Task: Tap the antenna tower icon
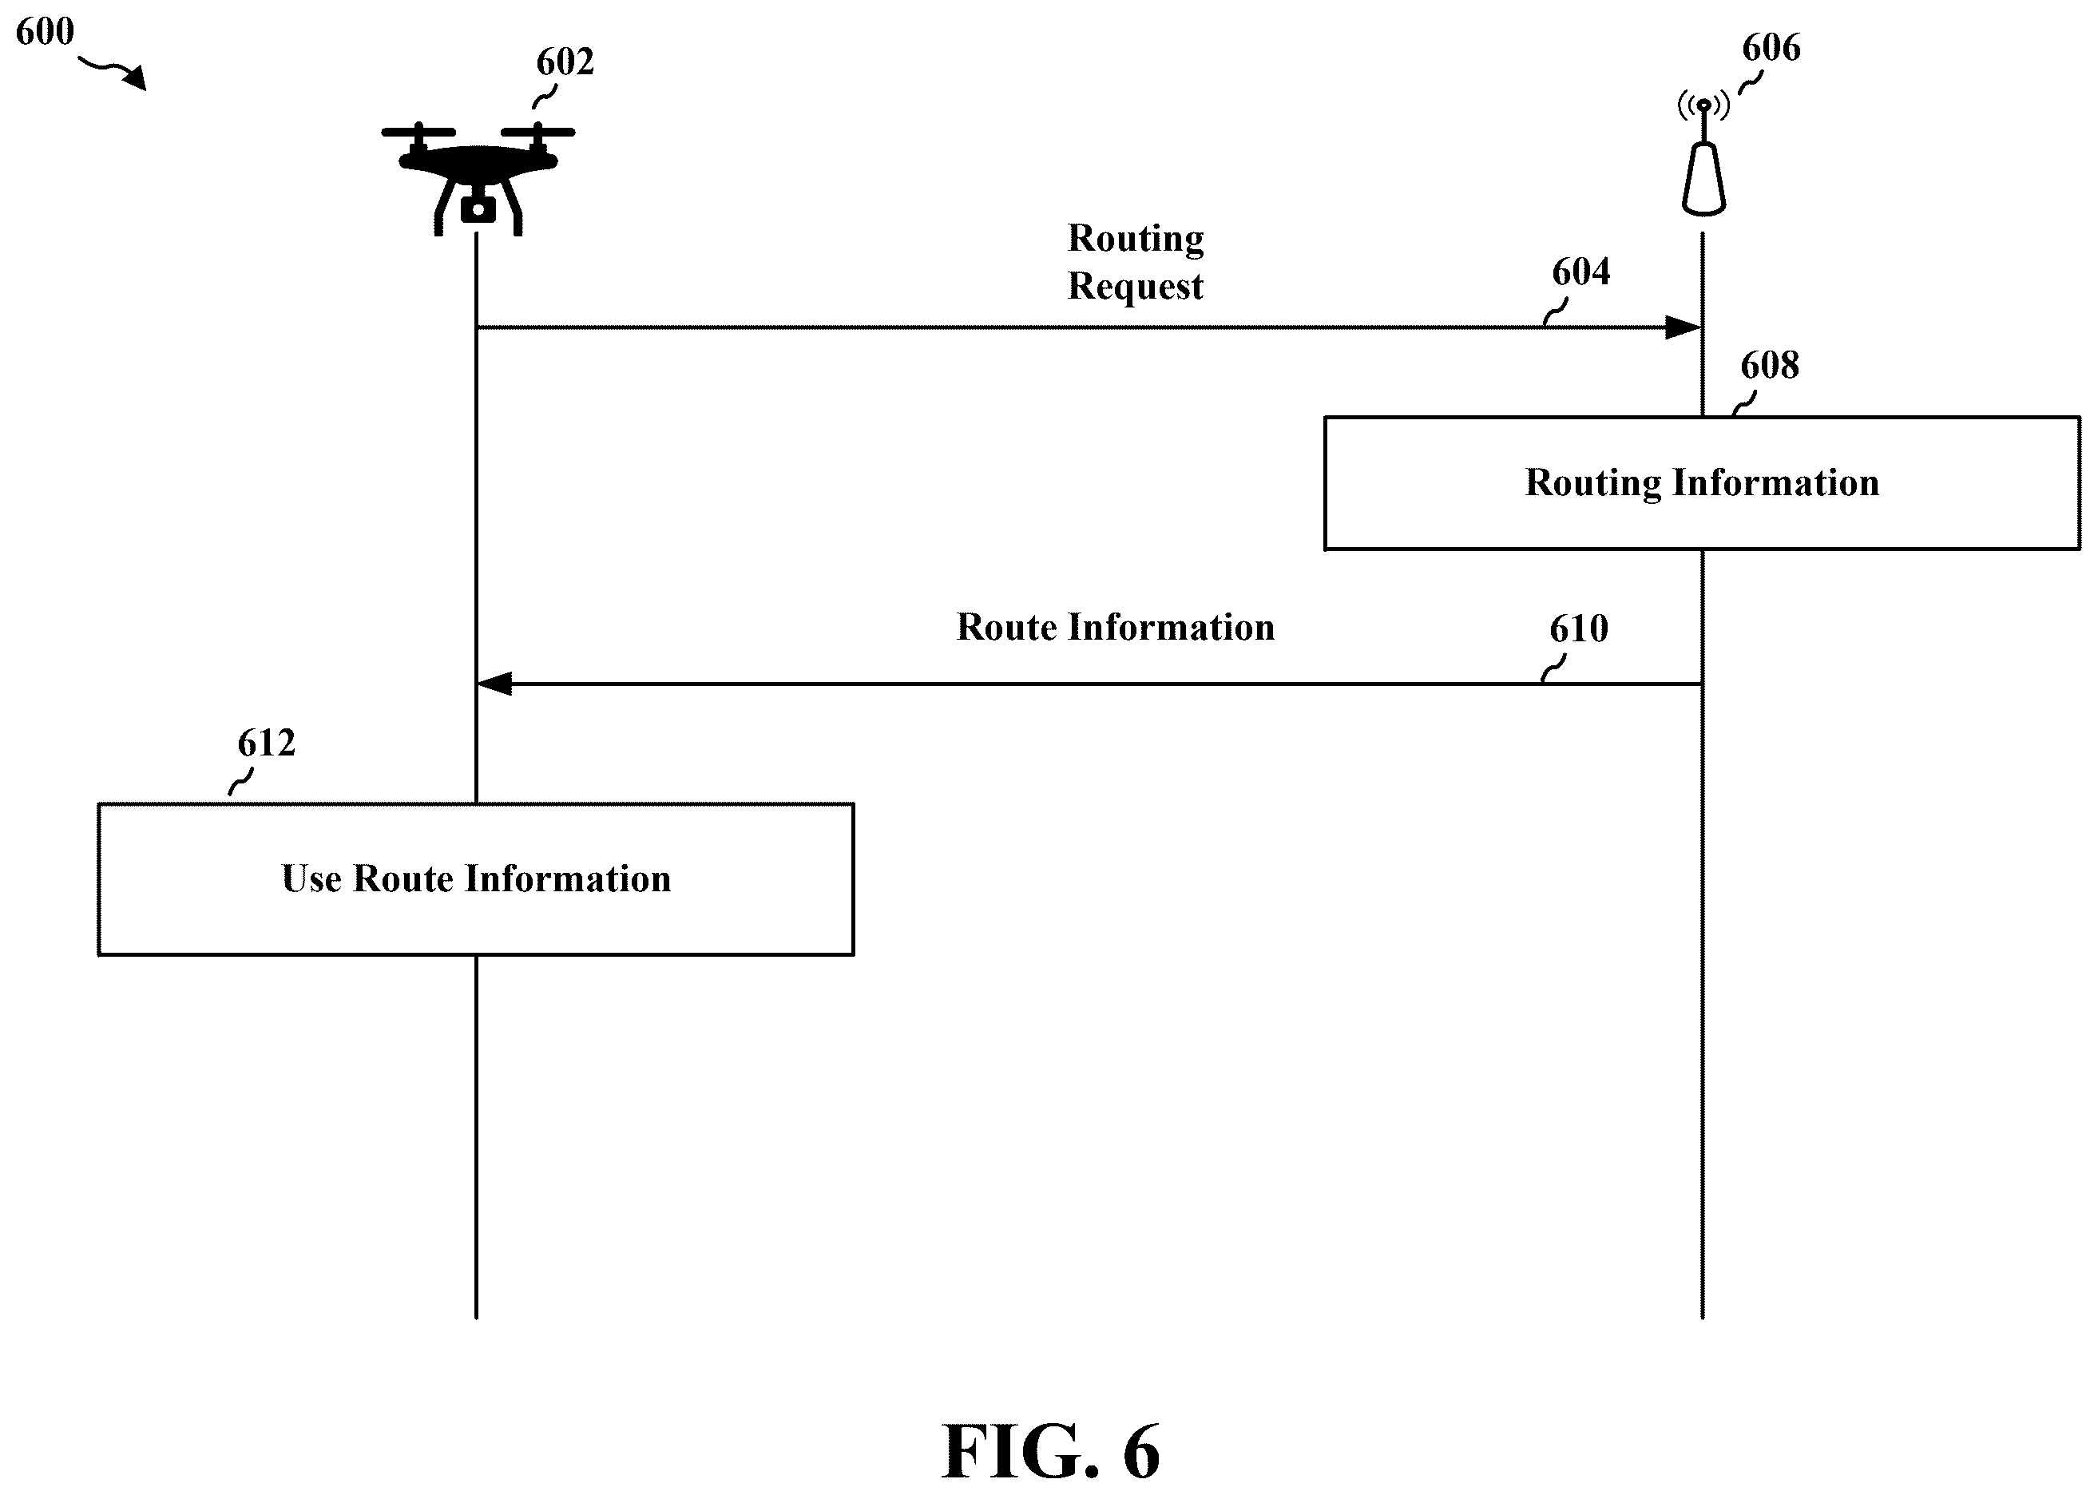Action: (x=1703, y=157)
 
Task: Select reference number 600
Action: (x=45, y=32)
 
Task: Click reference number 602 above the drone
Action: (x=565, y=62)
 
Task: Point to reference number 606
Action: (x=1771, y=48)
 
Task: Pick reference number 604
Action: (x=1580, y=272)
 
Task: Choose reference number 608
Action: (x=1769, y=366)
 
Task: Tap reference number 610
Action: (x=1579, y=629)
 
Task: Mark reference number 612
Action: (x=267, y=743)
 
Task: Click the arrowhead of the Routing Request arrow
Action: (x=1684, y=327)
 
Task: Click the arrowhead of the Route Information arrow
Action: (x=494, y=684)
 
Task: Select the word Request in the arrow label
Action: (x=1135, y=286)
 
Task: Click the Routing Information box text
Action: (x=1702, y=483)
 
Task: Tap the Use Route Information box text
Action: (x=476, y=879)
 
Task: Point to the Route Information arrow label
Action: (x=1116, y=628)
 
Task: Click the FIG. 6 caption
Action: (x=1050, y=1451)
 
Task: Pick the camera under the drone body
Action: (x=478, y=210)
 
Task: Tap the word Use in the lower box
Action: (x=311, y=879)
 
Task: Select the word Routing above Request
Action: (x=1136, y=240)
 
